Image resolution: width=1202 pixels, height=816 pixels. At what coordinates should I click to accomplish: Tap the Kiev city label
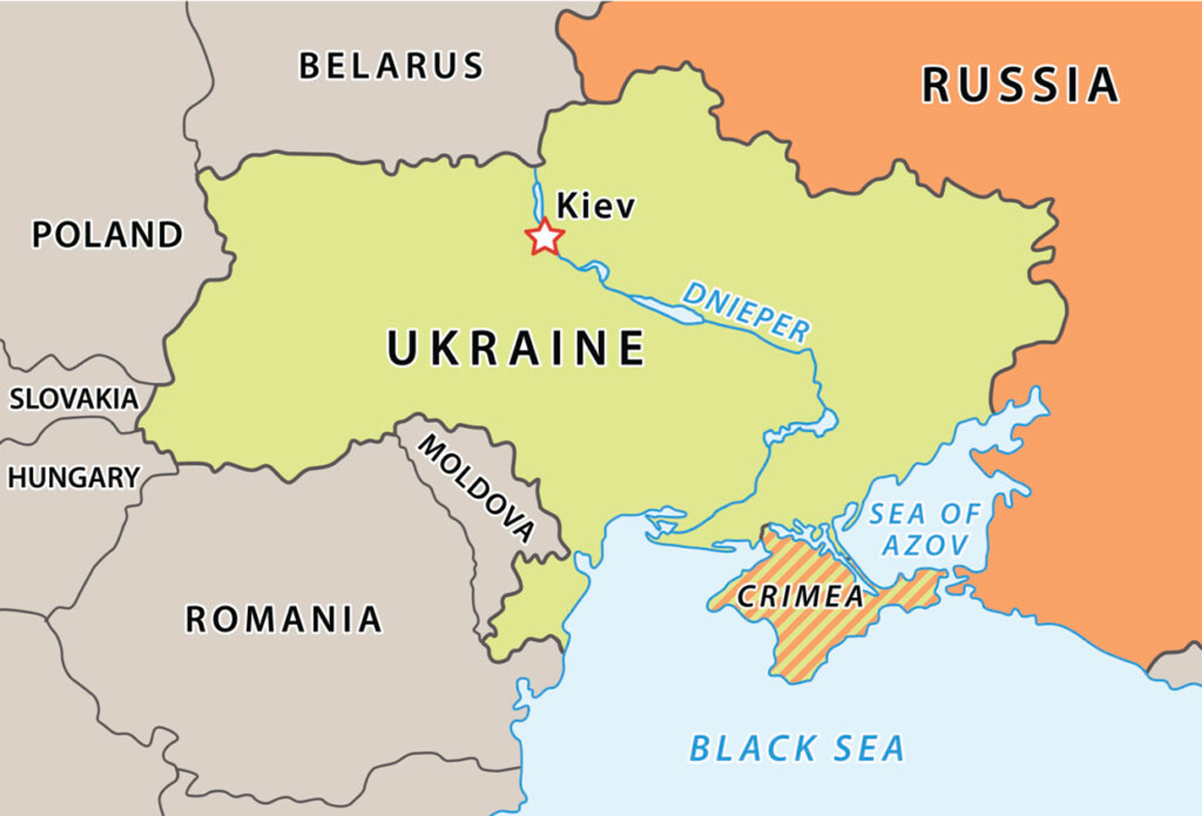point(595,206)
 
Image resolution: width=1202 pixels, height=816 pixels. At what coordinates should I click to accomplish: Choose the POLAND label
point(107,234)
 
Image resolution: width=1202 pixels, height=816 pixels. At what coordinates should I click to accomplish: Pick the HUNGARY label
point(74,477)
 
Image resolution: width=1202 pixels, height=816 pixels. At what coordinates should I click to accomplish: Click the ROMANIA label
point(283,620)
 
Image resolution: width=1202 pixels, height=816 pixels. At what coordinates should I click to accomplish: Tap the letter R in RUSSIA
point(937,85)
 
